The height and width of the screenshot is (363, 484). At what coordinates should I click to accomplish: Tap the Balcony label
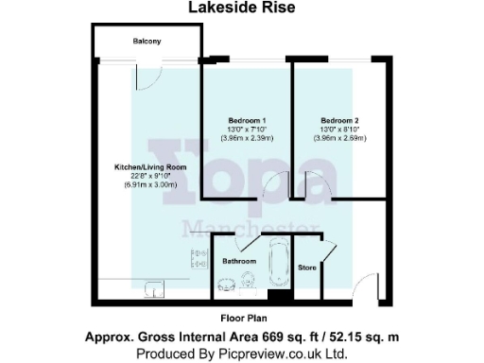coord(146,42)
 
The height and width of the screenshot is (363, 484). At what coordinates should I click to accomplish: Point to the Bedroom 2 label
coord(337,120)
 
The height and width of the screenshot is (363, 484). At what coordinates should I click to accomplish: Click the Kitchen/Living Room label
coord(150,166)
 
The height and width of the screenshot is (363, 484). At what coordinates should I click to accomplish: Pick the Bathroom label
coord(239,260)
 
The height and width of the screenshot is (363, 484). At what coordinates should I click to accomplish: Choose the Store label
coord(306,268)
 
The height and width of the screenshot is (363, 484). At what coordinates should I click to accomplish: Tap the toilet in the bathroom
coord(247,280)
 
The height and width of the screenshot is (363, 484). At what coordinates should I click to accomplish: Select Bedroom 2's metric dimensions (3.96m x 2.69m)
coord(337,139)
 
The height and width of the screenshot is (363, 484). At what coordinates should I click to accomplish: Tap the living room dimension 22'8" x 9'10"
coord(150,176)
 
